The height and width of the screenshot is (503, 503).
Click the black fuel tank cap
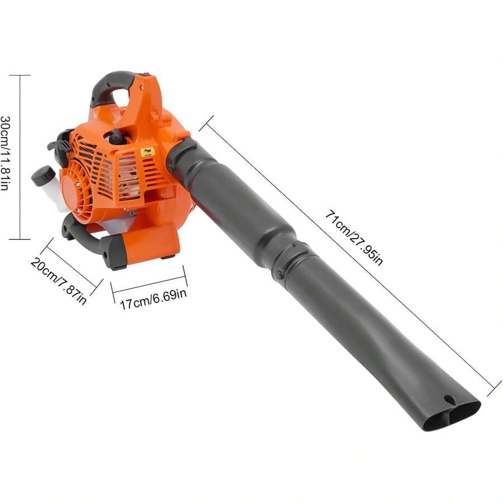42,175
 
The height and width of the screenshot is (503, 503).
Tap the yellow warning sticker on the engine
148,152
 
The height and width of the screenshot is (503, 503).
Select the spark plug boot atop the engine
117,136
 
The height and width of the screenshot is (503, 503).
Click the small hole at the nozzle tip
448,400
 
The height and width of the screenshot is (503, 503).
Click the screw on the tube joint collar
278,274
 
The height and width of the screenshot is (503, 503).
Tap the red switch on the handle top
146,74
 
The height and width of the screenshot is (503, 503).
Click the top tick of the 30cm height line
21,75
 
